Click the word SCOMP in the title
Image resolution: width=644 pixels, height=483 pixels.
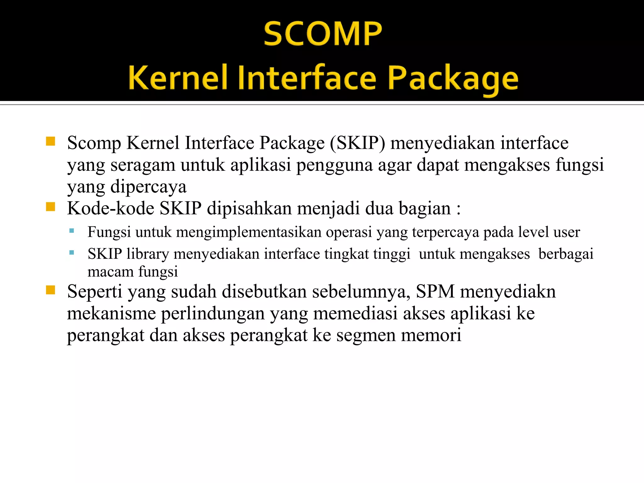323,34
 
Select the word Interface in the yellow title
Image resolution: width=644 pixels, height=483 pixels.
307,78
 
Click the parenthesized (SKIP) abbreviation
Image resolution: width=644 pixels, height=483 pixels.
358,143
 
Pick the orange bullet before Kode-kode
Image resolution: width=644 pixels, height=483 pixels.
50,207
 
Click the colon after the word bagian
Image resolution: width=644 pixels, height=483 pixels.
459,209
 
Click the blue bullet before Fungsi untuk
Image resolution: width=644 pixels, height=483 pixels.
72,231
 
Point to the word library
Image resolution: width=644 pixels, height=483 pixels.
147,254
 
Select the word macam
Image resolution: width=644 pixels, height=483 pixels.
110,271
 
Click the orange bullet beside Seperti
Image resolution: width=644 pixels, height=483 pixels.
50,290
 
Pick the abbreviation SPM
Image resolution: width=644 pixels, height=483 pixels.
435,291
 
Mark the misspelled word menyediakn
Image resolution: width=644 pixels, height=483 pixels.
508,291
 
